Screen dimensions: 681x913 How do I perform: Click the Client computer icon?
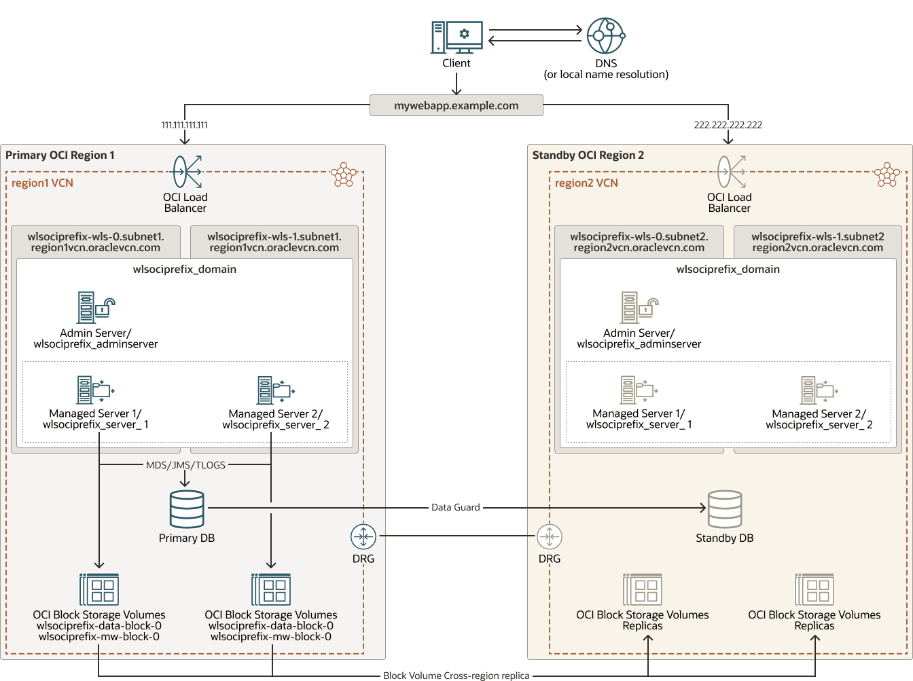coord(456,37)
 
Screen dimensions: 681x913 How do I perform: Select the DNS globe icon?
coord(605,36)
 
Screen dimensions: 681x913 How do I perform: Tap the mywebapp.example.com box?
coord(456,105)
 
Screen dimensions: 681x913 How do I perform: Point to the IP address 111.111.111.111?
coord(184,125)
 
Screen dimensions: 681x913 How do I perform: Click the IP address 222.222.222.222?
coord(728,125)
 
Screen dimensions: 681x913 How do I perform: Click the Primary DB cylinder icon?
coord(187,509)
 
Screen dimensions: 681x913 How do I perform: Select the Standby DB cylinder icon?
coord(725,509)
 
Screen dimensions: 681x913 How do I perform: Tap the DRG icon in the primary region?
coord(363,536)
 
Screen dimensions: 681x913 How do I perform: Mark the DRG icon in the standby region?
coord(550,536)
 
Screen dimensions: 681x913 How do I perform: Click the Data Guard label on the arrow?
coord(455,507)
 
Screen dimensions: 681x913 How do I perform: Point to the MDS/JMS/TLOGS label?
coord(185,465)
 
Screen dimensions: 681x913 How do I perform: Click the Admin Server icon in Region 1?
coord(95,308)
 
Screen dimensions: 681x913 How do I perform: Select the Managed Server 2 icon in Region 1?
coord(275,390)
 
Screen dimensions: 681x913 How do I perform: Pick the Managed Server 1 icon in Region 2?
coord(639,390)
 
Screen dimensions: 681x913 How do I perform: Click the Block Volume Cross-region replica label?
coord(456,676)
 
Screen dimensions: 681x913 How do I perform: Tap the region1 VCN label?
coord(42,183)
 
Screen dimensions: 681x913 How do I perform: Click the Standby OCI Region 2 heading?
coord(588,155)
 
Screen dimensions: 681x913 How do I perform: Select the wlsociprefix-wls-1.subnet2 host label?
coord(817,242)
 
